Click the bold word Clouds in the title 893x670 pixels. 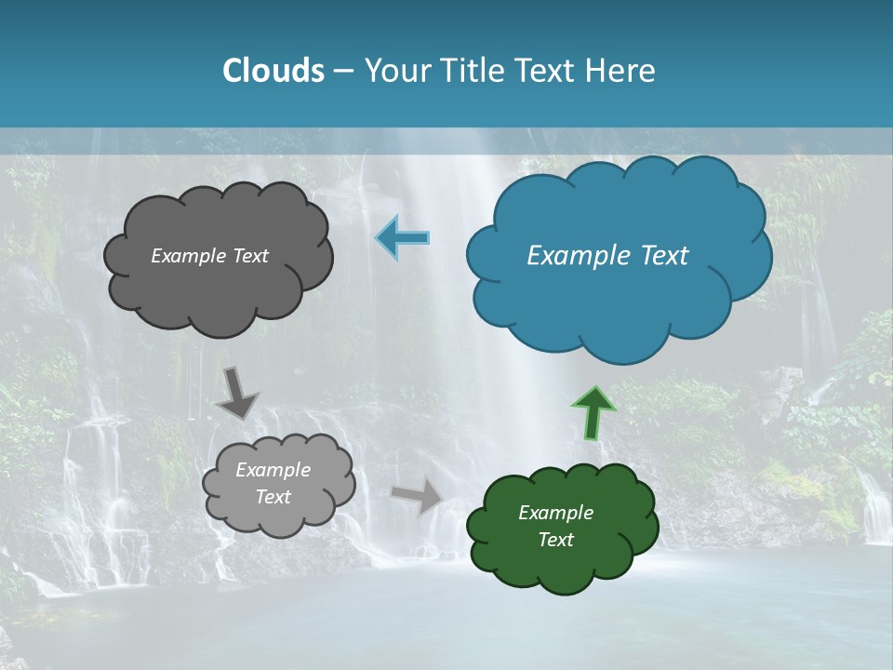pyautogui.click(x=273, y=71)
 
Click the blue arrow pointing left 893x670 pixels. pyautogui.click(x=403, y=238)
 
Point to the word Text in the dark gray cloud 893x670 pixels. pyautogui.click(x=248, y=256)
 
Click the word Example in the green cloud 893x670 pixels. pyautogui.click(x=555, y=513)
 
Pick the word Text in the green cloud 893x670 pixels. pyautogui.click(x=555, y=540)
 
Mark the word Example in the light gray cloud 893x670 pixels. pyautogui.click(x=273, y=470)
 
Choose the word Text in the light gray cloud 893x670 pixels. pyautogui.click(x=273, y=497)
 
